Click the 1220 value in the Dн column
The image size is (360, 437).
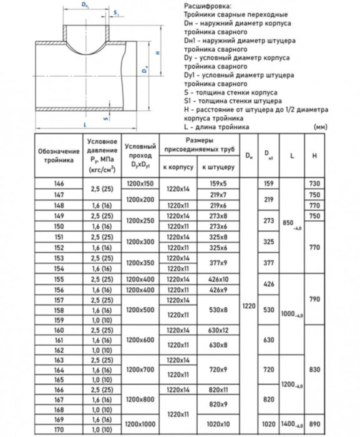[249, 307]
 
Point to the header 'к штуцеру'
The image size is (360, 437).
[218, 168]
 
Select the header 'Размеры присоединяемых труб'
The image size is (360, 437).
[200, 145]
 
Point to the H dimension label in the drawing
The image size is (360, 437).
[158, 53]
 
